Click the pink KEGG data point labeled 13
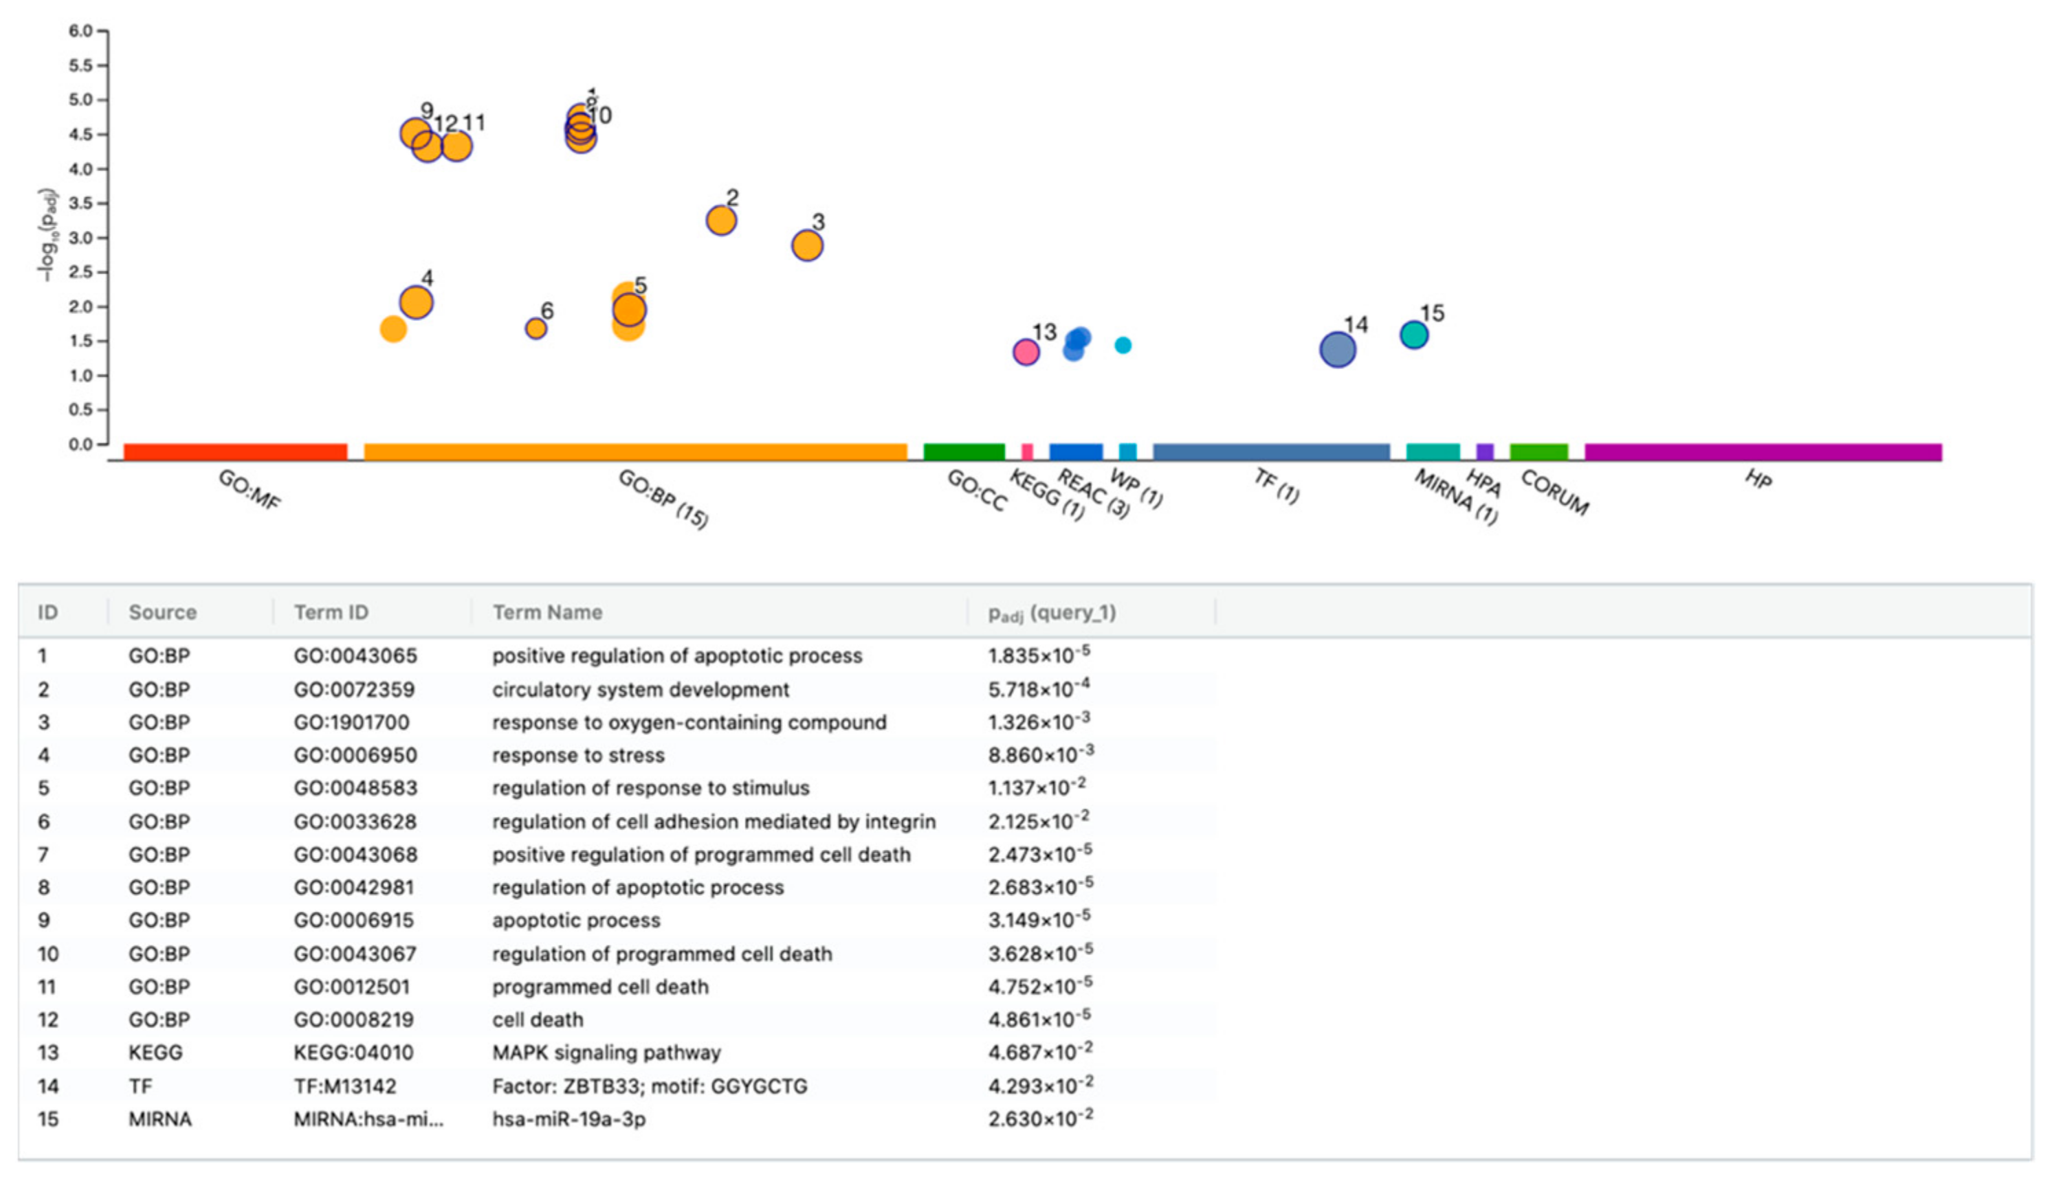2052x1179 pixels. click(x=1026, y=352)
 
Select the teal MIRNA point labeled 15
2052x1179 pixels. click(x=1413, y=335)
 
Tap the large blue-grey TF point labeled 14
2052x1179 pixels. click(x=1338, y=350)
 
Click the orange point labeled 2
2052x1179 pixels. click(x=721, y=221)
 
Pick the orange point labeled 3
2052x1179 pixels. click(x=807, y=245)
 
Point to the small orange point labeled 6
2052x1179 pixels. click(x=536, y=328)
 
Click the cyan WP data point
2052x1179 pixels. click(x=1123, y=345)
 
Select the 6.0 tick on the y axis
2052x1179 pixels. click(x=81, y=31)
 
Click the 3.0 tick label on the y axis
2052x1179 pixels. click(x=81, y=238)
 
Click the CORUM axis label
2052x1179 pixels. click(x=1554, y=493)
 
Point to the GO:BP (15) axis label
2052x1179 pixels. click(x=663, y=499)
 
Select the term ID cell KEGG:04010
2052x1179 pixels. click(x=353, y=1053)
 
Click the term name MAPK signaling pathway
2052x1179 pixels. click(x=606, y=1053)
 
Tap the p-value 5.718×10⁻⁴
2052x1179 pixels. click(x=1039, y=689)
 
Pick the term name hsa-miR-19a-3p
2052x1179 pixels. click(x=569, y=1119)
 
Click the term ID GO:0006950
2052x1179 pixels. click(x=355, y=756)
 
